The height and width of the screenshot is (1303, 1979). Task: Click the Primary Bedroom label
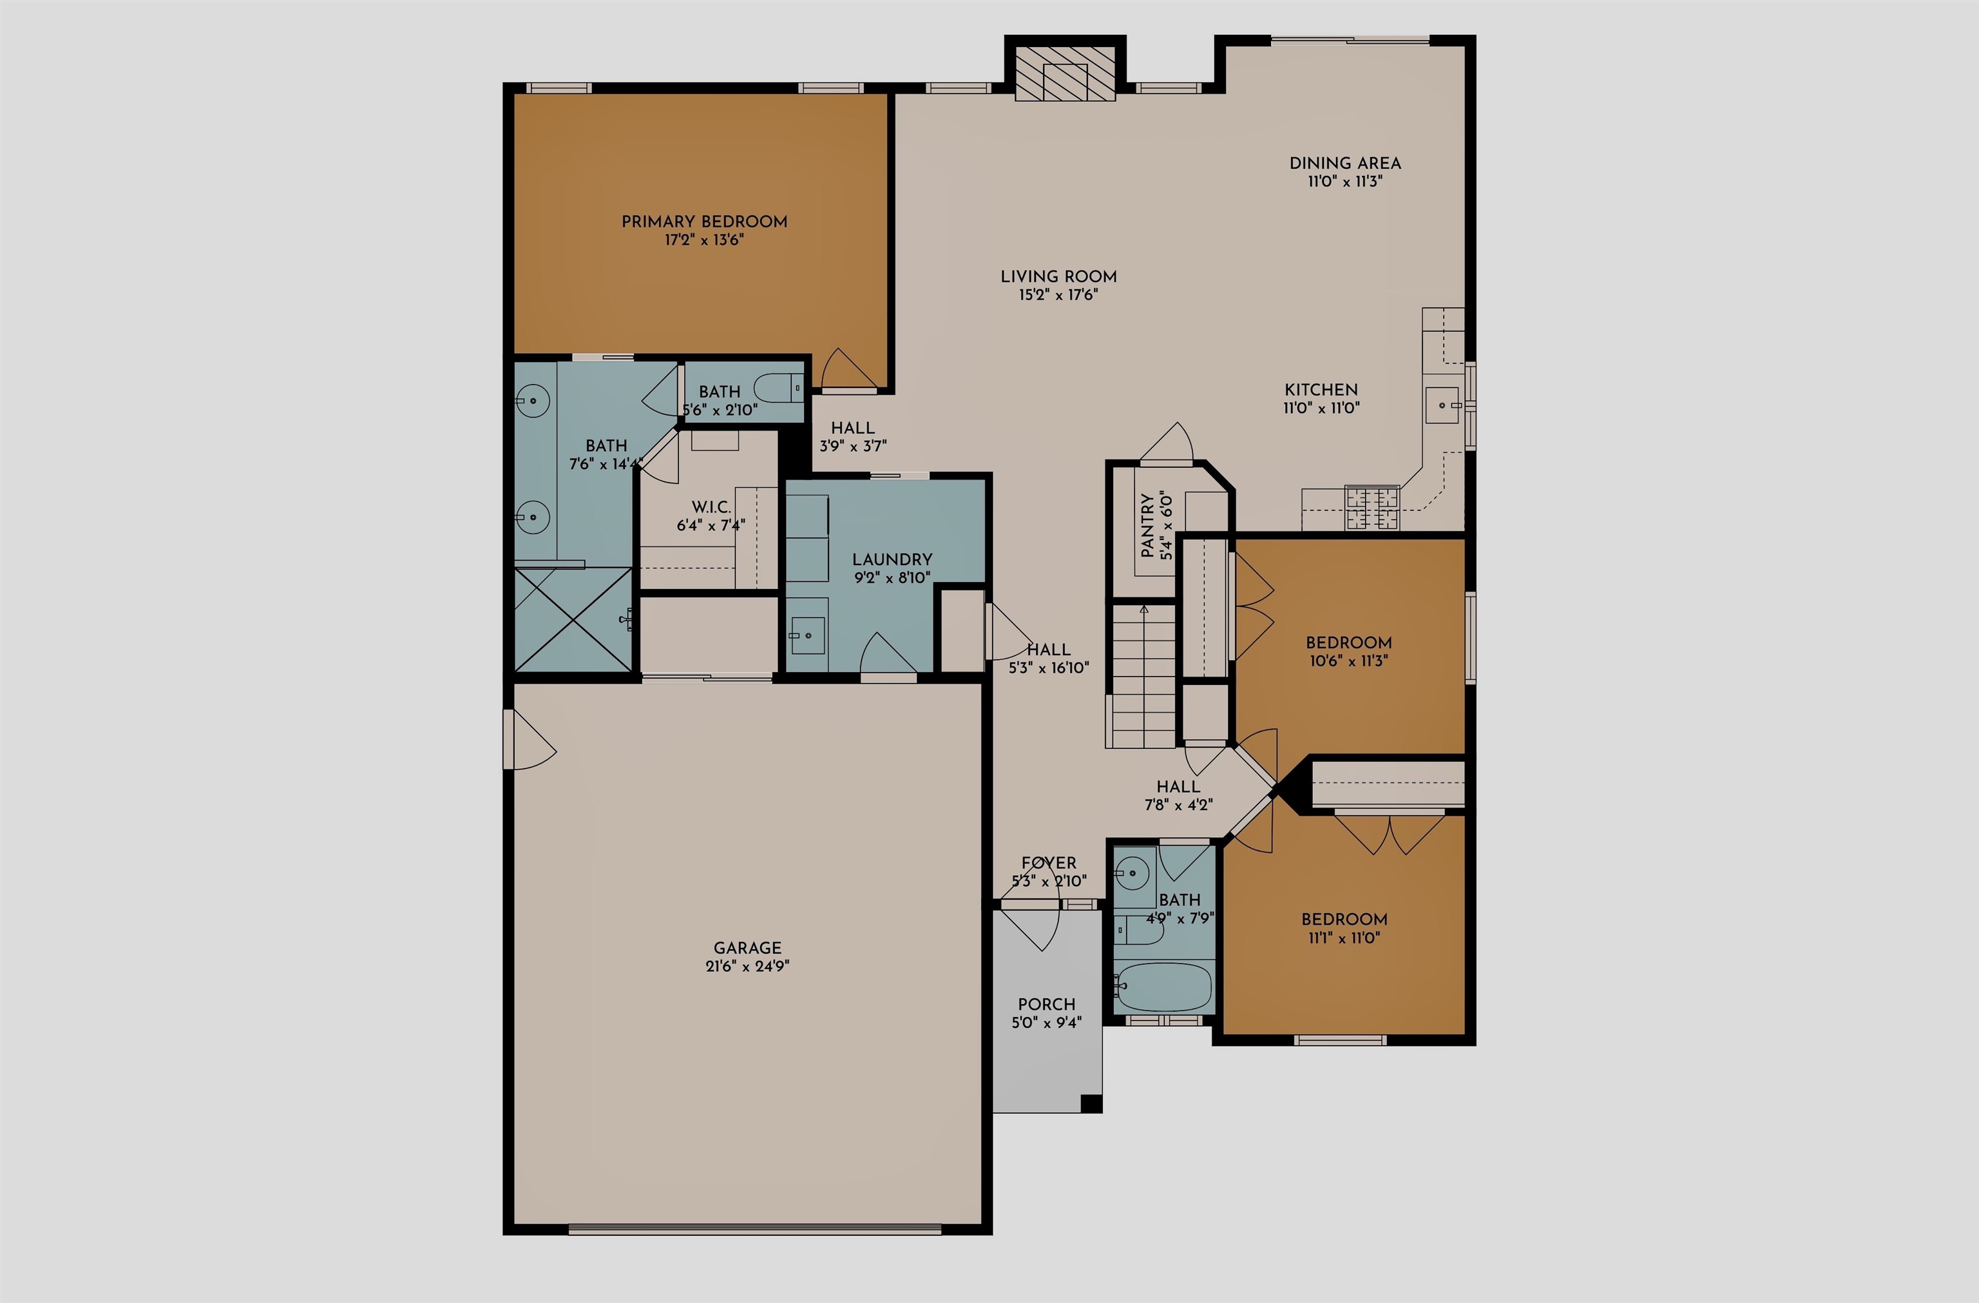pos(704,221)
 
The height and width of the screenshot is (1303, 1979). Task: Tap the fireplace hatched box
pos(1065,72)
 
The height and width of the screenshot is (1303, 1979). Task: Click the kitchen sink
pos(1442,405)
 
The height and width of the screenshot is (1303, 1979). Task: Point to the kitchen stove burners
pos(1372,508)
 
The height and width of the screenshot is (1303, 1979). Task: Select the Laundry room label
pos(892,559)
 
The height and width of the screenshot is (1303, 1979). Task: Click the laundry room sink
pos(807,636)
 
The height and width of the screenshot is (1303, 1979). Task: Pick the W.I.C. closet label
pos(711,507)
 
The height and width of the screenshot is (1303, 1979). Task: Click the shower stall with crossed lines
pos(573,619)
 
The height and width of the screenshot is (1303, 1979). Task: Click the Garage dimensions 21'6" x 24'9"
pos(747,966)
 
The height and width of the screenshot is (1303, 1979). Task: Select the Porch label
pos(1046,1005)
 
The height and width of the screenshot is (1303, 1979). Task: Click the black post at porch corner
pos(1091,1103)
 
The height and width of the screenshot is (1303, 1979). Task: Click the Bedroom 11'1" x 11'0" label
pos(1344,920)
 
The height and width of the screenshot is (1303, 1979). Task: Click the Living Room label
pos(1058,276)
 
